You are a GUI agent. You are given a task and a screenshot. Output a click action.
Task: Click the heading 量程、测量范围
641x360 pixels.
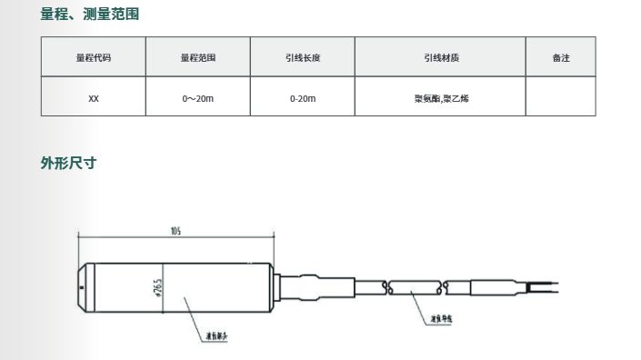[90, 15]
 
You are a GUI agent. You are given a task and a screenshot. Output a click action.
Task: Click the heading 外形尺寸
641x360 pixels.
[69, 164]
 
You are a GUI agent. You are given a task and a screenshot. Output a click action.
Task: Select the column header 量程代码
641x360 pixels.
[94, 57]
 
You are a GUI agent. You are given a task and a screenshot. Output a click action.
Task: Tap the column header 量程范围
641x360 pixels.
[198, 57]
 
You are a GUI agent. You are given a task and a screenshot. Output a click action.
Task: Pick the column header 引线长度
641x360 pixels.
[303, 57]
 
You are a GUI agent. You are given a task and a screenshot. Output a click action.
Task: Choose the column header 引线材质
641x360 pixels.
[441, 57]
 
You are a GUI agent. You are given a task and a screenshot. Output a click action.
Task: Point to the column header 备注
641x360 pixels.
[561, 57]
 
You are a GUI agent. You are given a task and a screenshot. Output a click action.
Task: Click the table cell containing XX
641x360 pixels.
[94, 97]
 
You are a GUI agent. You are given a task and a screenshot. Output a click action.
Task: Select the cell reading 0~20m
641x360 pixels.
[198, 97]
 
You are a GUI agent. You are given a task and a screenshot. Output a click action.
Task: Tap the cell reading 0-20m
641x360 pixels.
[303, 97]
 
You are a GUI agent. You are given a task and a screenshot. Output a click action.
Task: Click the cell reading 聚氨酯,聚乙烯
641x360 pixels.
[441, 97]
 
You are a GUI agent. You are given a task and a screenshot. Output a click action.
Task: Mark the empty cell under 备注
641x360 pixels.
[561, 97]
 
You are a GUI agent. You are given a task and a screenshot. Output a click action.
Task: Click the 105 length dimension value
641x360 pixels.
[175, 231]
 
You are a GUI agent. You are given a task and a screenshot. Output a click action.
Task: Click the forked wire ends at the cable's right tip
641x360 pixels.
[546, 288]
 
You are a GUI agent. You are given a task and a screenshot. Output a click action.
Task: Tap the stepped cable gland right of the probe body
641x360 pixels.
[314, 287]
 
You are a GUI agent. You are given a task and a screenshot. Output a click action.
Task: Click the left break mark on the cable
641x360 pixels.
[388, 287]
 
